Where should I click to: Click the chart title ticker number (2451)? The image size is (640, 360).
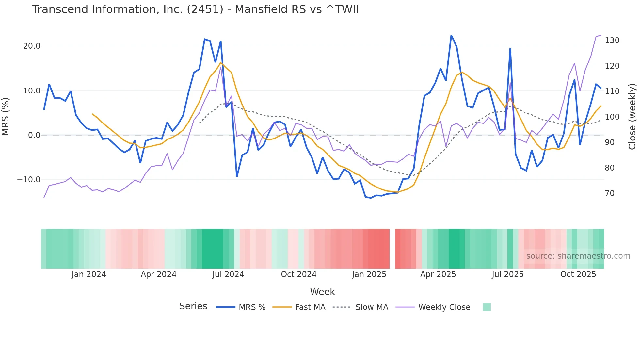tap(205, 9)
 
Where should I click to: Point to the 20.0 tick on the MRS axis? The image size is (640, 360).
tap(32, 46)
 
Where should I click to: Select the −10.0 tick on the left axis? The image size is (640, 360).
tap(29, 180)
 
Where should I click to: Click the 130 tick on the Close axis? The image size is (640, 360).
tap(612, 41)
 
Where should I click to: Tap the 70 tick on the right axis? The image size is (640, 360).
tap(610, 193)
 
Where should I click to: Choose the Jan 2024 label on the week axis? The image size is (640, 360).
tap(89, 274)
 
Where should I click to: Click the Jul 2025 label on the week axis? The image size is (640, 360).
tap(507, 274)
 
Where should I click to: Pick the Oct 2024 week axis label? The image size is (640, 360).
tap(298, 274)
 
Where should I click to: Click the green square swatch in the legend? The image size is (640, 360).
tap(487, 307)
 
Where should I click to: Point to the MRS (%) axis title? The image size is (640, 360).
tap(6, 116)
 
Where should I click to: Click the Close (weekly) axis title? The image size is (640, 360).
tap(632, 116)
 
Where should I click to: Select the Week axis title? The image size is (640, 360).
tap(322, 292)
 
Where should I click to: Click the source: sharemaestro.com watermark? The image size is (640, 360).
tap(578, 256)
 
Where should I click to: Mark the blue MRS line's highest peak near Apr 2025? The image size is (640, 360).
tap(451, 36)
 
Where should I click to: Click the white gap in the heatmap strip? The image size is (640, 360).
tap(392, 249)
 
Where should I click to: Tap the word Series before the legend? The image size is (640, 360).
tap(193, 306)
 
